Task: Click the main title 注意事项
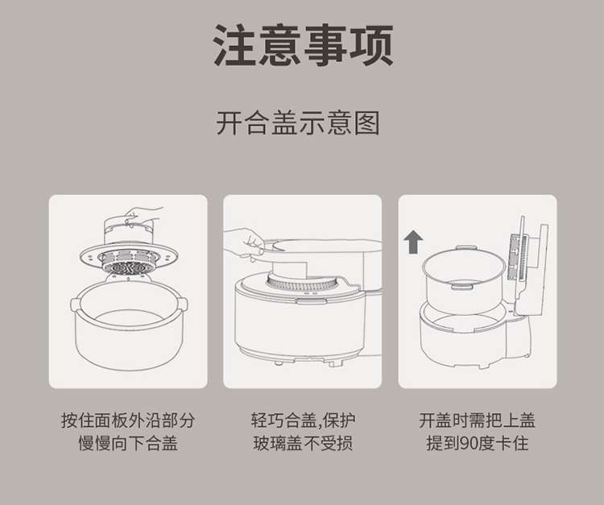tap(303, 44)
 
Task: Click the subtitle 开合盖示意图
tap(298, 123)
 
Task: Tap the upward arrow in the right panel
tap(413, 242)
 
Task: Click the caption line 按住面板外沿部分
tap(128, 420)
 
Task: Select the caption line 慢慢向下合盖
tap(128, 443)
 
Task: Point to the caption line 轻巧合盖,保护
tap(303, 420)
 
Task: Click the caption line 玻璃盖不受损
tap(303, 443)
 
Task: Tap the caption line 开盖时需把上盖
tap(478, 420)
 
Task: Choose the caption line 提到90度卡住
tap(478, 443)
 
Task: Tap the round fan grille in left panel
tap(129, 263)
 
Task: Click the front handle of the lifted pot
tap(462, 286)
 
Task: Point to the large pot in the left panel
tap(129, 325)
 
